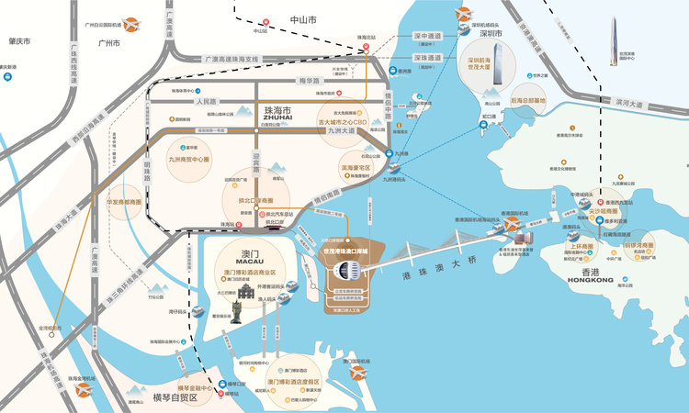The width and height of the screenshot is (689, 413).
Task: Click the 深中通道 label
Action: (427, 36)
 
